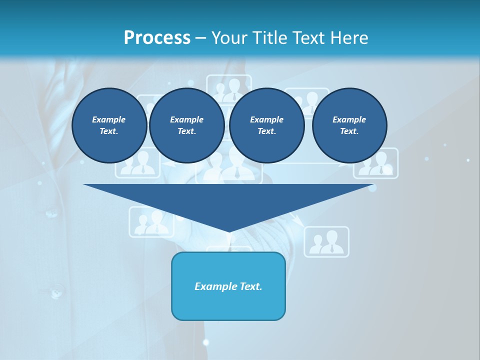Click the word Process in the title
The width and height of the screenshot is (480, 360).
[x=157, y=38]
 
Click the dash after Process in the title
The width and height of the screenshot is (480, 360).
[x=200, y=38]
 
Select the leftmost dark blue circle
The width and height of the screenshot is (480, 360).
[x=109, y=125]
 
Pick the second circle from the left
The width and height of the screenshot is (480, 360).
[x=187, y=125]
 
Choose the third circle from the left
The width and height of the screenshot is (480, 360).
[x=267, y=125]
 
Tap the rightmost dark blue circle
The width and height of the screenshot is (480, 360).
[x=349, y=125]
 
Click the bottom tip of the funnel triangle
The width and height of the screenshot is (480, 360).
[x=229, y=231]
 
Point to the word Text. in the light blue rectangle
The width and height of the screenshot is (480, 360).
[x=251, y=286]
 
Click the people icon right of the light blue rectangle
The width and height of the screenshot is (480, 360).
[x=326, y=242]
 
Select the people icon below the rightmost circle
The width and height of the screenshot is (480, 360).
[x=376, y=164]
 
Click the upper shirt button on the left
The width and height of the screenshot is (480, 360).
[x=52, y=213]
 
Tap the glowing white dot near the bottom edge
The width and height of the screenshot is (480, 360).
[x=205, y=342]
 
